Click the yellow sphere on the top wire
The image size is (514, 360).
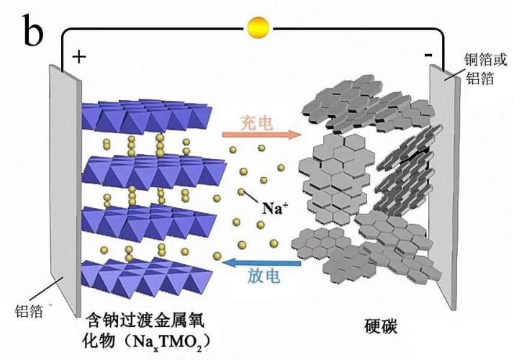[x=258, y=28]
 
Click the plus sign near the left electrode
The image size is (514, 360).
[x=79, y=57]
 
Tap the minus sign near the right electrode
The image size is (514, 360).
[x=428, y=55]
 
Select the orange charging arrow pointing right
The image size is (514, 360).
[x=261, y=135]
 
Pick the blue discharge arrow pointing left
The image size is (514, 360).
[x=261, y=262]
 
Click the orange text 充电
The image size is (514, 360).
[x=257, y=122]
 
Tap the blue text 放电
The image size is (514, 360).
[x=264, y=276]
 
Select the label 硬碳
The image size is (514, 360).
[x=381, y=325]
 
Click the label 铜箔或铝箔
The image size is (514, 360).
[x=485, y=69]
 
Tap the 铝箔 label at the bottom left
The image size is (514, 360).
[x=29, y=311]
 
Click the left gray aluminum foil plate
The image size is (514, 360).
[x=66, y=190]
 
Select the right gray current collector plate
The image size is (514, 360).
[x=444, y=187]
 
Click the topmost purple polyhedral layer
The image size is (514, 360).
[x=147, y=117]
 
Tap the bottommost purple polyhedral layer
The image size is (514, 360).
[x=147, y=276]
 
